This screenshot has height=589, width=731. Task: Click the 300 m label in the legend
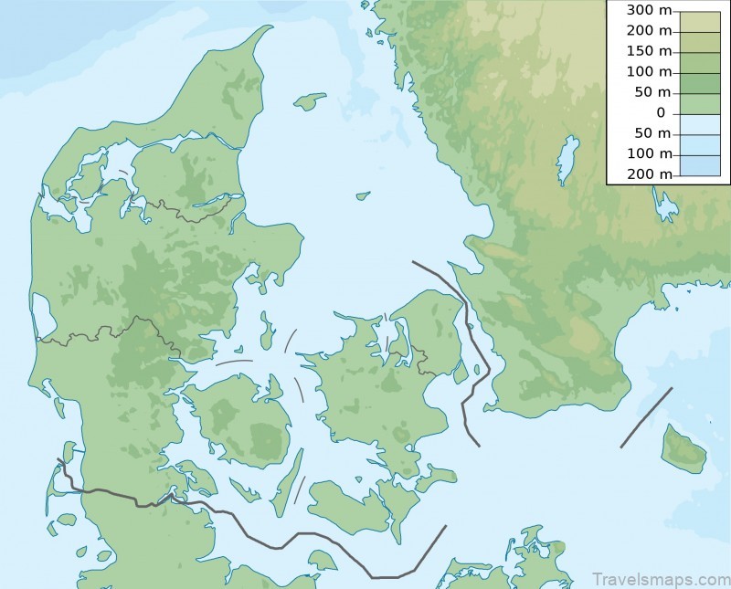(x=650, y=10)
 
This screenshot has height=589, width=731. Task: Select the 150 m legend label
(x=650, y=51)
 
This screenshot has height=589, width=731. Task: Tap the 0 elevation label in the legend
(x=661, y=112)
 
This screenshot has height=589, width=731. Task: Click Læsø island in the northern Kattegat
(x=311, y=100)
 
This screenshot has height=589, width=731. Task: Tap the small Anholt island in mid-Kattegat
(x=363, y=195)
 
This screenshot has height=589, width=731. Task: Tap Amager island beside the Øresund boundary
(x=460, y=371)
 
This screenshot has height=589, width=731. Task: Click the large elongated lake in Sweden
(x=568, y=159)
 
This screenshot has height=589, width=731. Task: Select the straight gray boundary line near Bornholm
(x=646, y=417)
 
